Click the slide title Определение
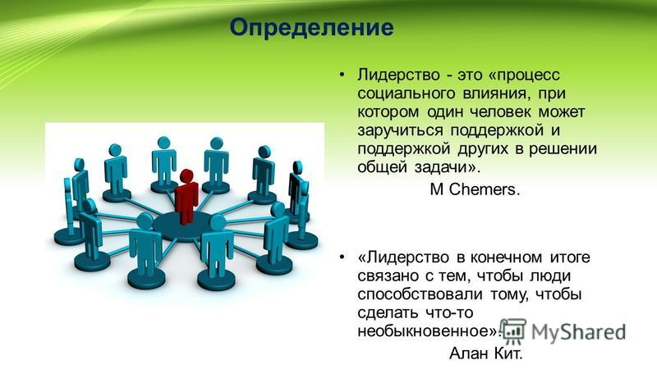pos(312,28)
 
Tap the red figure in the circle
pos(186,197)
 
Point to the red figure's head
pos(186,175)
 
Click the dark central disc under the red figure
pos(181,225)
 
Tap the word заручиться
pos(400,130)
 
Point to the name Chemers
pos(484,189)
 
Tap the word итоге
pos(569,257)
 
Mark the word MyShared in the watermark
pos(579,332)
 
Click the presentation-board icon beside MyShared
pos(513,330)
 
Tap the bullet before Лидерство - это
pos(342,75)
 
